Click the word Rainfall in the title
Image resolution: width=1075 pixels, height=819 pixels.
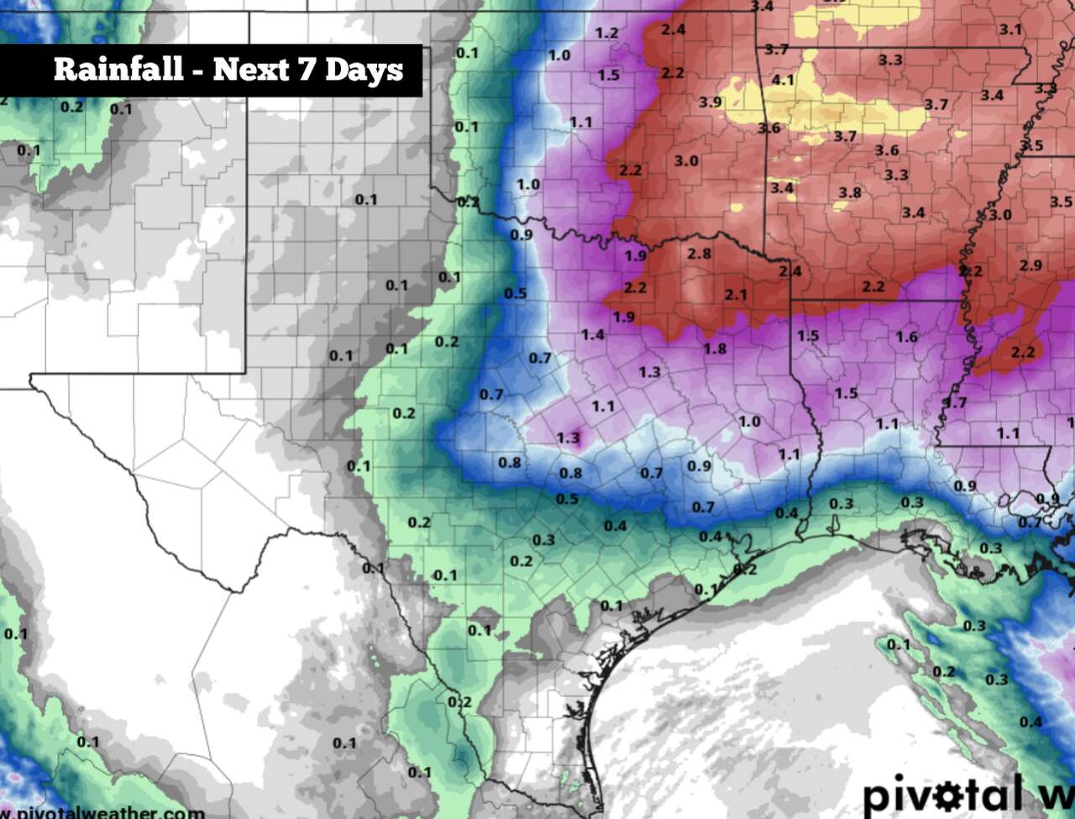[118, 69]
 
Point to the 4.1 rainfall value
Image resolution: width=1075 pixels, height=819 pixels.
[782, 80]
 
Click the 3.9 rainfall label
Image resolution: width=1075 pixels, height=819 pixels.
[710, 102]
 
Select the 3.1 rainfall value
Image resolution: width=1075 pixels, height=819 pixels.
[1010, 29]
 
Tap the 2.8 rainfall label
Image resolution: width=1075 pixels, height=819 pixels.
[699, 253]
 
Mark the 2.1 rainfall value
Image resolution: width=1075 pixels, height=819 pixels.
[736, 294]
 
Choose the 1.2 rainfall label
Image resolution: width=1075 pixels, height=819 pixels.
[606, 33]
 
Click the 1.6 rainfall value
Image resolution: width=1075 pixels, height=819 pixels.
[906, 337]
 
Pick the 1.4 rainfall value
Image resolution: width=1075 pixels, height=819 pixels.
[592, 334]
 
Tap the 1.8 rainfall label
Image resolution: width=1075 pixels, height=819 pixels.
[715, 348]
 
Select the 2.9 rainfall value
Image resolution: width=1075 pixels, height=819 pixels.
[1030, 265]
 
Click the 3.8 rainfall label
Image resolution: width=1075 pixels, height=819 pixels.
[850, 192]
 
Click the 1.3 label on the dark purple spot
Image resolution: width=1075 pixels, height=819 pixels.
[568, 437]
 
